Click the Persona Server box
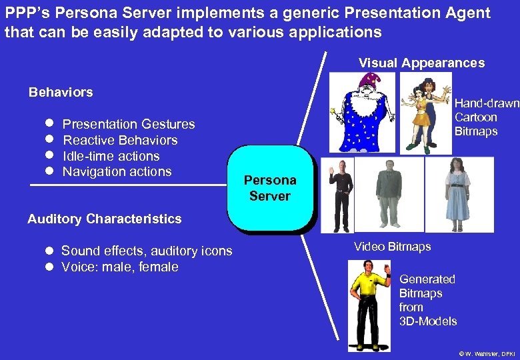click(x=270, y=188)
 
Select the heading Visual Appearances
click(x=421, y=63)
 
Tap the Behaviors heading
click(x=61, y=92)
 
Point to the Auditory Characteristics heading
click(x=104, y=219)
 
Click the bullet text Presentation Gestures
click(x=129, y=124)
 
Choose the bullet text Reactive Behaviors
click(x=120, y=140)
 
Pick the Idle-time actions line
click(x=111, y=156)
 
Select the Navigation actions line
click(x=117, y=171)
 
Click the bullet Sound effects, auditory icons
click(x=147, y=251)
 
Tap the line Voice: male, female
click(x=120, y=267)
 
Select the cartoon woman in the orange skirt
click(x=420, y=113)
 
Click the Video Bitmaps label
click(x=392, y=247)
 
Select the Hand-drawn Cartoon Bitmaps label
click(x=485, y=117)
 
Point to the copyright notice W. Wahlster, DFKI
click(x=487, y=353)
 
